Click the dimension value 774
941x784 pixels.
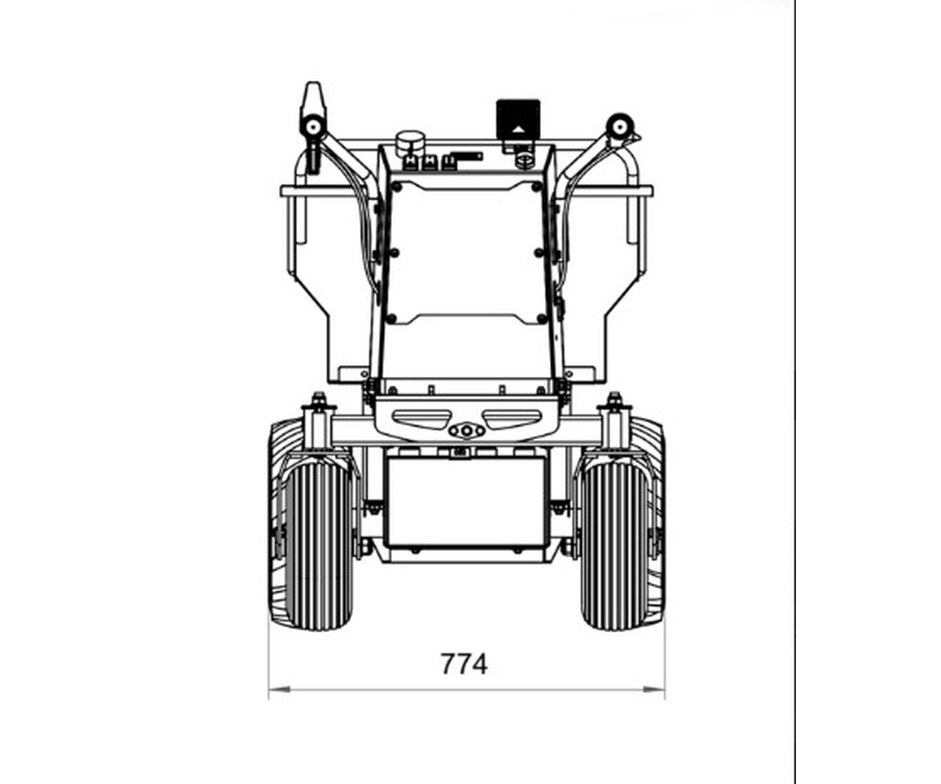click(463, 664)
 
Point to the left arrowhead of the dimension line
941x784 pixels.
click(279, 689)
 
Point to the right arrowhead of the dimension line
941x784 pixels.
click(653, 689)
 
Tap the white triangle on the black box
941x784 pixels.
click(518, 129)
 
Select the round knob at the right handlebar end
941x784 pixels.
click(620, 126)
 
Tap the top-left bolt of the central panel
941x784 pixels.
click(397, 187)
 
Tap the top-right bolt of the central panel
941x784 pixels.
click(536, 187)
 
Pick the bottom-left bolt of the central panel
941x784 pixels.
click(391, 318)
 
